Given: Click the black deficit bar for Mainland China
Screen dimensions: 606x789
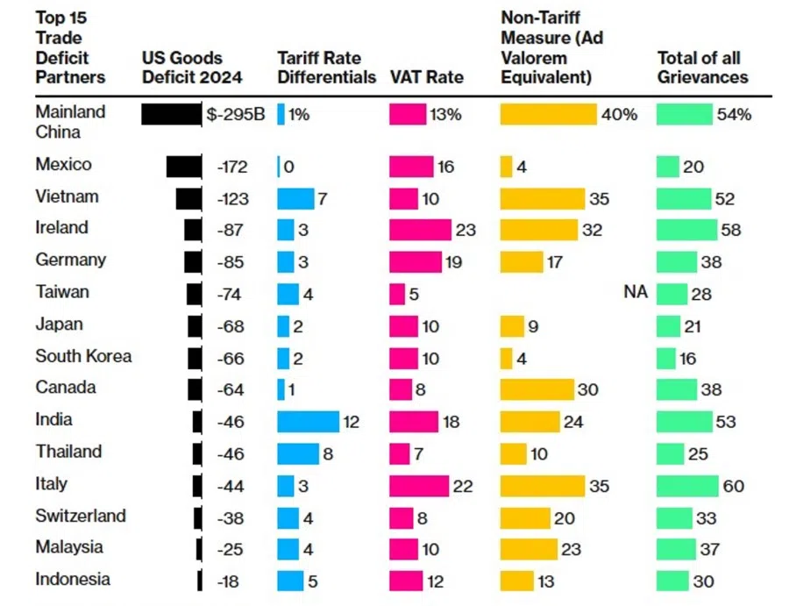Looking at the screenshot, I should (171, 114).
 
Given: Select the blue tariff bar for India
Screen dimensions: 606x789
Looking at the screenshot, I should (308, 421).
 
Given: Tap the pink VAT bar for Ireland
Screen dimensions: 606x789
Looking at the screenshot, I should (420, 230).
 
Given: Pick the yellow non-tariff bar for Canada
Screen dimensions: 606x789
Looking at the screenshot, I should (537, 389).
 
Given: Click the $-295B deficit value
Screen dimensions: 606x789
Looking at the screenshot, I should (234, 114).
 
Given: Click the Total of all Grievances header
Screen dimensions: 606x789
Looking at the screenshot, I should (702, 68).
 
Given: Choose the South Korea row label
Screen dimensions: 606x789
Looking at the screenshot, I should (83, 356).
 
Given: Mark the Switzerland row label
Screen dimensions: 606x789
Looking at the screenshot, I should (81, 516).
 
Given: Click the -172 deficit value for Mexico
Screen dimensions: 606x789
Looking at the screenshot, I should (232, 167).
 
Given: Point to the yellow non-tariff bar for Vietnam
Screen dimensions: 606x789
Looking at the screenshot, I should (542, 199).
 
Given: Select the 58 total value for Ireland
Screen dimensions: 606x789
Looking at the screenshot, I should (730, 230).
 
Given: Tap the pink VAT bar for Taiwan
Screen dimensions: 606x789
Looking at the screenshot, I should (397, 294).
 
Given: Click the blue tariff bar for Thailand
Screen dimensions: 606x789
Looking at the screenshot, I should (298, 453).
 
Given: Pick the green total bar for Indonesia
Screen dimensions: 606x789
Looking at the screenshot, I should (672, 581).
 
